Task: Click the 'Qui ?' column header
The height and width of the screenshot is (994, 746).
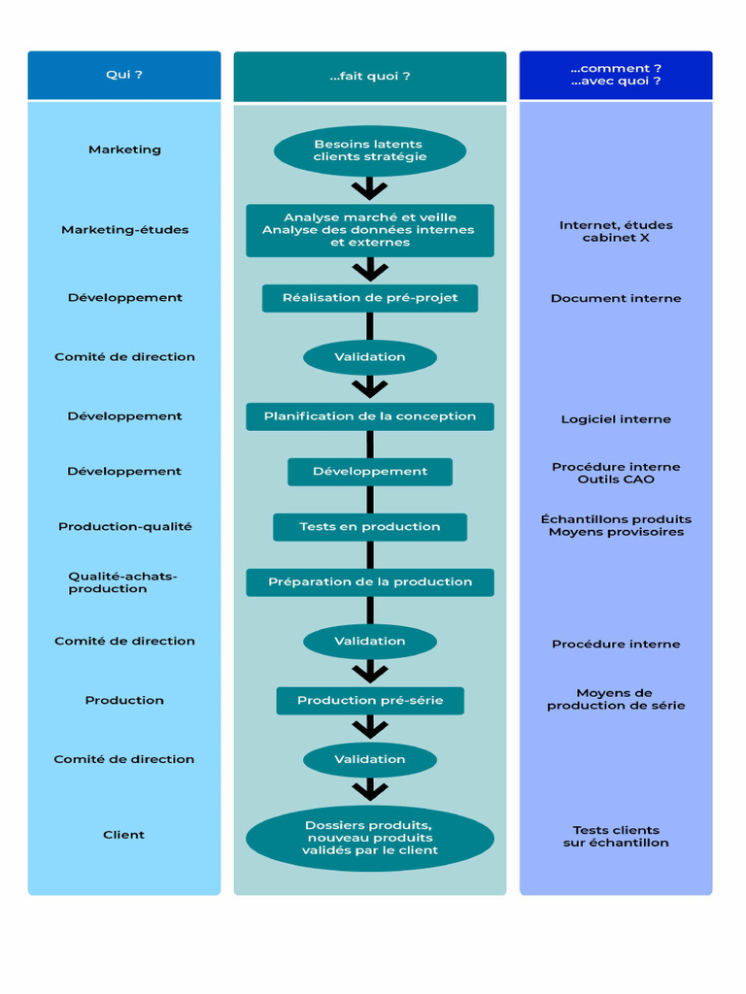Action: (x=124, y=75)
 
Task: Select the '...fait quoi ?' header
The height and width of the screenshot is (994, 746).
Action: (x=370, y=76)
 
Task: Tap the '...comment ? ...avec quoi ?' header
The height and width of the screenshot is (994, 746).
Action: (x=616, y=75)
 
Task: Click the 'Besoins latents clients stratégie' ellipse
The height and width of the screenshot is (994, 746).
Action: (x=370, y=150)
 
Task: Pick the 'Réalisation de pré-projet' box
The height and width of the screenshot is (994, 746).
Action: (x=370, y=298)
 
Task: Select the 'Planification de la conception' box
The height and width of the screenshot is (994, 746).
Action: (x=370, y=416)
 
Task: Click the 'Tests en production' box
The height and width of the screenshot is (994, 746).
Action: (x=370, y=527)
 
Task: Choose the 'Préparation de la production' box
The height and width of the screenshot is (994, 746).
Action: (x=370, y=582)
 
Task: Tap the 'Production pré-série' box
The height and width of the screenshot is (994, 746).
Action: (x=370, y=701)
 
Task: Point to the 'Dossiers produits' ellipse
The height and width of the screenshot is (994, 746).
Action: (x=370, y=838)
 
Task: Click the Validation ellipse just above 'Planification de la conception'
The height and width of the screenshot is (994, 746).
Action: (x=370, y=357)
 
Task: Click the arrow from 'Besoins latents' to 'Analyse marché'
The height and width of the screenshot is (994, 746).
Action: (x=370, y=189)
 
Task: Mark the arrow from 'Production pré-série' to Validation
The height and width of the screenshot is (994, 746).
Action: (x=370, y=728)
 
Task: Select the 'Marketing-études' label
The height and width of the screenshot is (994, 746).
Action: (x=125, y=230)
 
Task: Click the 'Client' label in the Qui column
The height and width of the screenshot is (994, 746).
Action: (x=124, y=835)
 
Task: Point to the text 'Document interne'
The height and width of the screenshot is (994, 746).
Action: (x=616, y=299)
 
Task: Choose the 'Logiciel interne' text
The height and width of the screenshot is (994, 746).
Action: (x=616, y=419)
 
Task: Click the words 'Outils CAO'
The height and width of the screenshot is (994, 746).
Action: (x=616, y=480)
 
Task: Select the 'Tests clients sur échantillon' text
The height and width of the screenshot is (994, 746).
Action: (x=616, y=837)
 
